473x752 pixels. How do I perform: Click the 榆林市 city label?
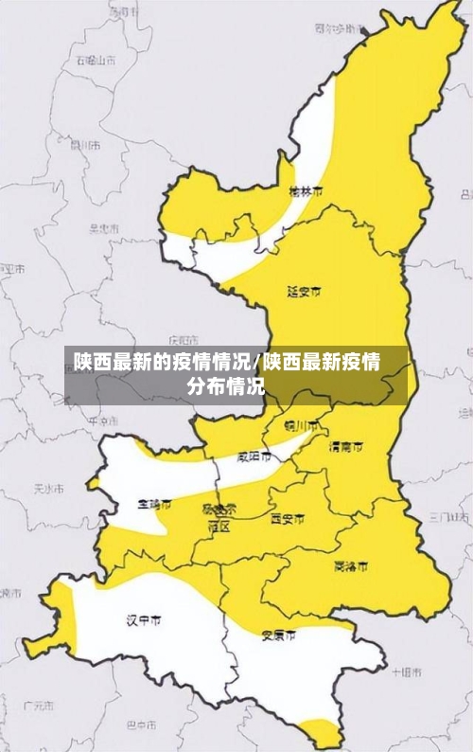(x=305, y=192)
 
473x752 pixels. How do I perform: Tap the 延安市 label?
(x=304, y=291)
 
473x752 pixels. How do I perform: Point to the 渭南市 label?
(x=345, y=445)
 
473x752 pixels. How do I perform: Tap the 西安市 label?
(x=288, y=519)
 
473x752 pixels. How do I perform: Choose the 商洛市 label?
(x=352, y=566)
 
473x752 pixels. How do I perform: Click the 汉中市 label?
(x=144, y=620)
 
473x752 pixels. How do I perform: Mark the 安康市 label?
(x=278, y=634)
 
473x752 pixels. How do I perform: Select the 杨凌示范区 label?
(x=219, y=517)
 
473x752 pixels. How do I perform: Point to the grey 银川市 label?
(x=84, y=145)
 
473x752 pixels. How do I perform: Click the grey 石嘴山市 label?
(x=96, y=60)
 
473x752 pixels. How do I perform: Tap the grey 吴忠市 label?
(x=103, y=229)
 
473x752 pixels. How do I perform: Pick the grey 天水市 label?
(x=47, y=490)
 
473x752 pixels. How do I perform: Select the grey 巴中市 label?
(x=141, y=725)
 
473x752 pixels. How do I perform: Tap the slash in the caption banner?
(x=259, y=362)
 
